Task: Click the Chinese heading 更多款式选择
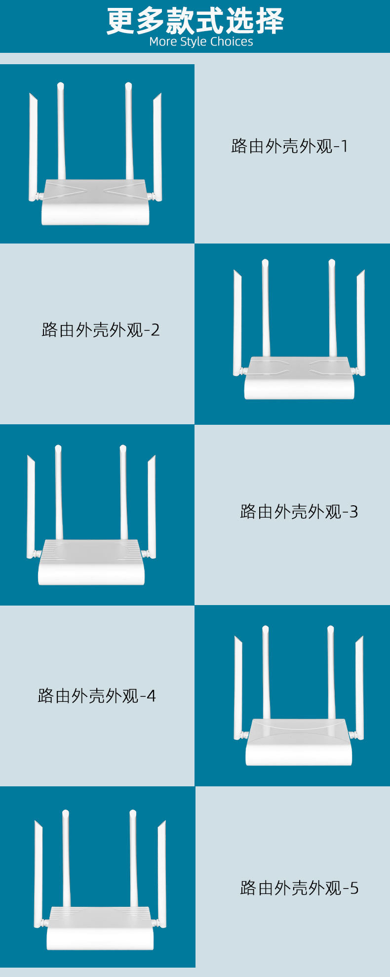(x=195, y=21)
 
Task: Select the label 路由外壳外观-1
(x=290, y=146)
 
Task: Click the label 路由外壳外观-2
(x=101, y=330)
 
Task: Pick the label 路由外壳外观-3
(x=299, y=512)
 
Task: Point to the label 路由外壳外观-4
(x=97, y=696)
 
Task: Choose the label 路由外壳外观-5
(x=299, y=888)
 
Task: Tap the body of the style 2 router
(x=299, y=378)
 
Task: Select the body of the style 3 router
(x=91, y=563)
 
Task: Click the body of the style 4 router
(x=299, y=743)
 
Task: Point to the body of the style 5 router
(x=98, y=929)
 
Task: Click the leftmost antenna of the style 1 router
(x=34, y=147)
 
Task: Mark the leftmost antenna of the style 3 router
(x=31, y=507)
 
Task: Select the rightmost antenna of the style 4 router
(x=359, y=688)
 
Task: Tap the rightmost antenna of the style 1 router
(x=157, y=147)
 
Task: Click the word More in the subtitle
(x=163, y=42)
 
